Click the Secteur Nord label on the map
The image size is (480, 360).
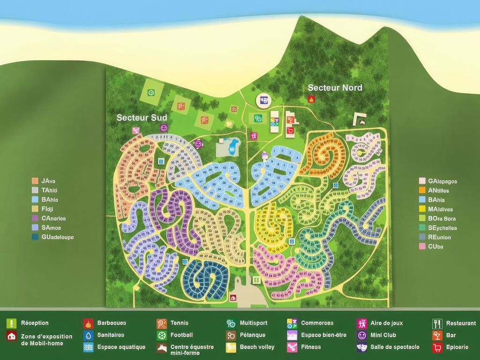tap(335, 88)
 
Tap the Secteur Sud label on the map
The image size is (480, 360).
tap(142, 117)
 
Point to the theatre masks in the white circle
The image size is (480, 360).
tap(263, 99)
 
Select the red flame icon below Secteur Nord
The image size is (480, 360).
tap(310, 99)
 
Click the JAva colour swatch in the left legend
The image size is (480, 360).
tap(35, 181)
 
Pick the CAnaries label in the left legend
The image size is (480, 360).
tap(53, 218)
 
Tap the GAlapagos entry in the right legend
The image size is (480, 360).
tap(442, 181)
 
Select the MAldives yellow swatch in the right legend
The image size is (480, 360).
tap(422, 209)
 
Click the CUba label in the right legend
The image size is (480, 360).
tap(435, 247)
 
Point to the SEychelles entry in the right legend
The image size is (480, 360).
tap(442, 228)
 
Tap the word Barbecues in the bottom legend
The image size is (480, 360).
tap(112, 323)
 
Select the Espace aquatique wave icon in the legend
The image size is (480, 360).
tap(88, 347)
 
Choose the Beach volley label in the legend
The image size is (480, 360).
tap(257, 347)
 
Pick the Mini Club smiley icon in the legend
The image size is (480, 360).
tap(362, 335)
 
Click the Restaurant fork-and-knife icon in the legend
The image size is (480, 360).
tap(437, 323)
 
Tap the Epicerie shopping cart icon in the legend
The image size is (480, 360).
tap(437, 347)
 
